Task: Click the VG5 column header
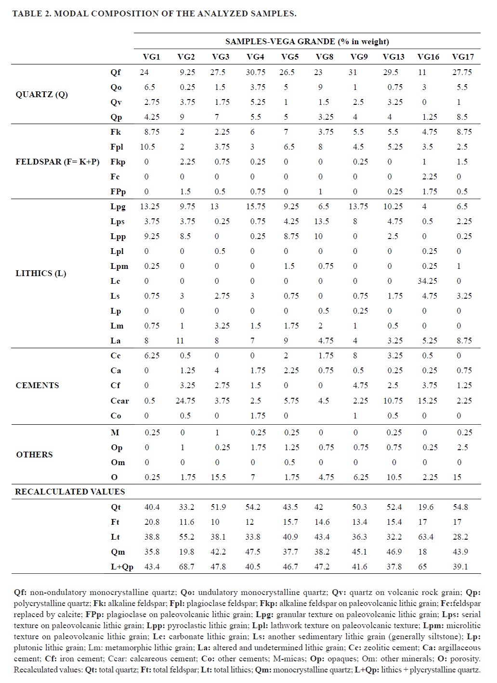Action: pos(290,57)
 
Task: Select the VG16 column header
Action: pos(428,57)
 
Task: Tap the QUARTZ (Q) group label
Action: pos(42,94)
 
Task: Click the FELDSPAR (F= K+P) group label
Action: pos(57,162)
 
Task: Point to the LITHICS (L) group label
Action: pos(41,273)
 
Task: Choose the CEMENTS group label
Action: pos(37,385)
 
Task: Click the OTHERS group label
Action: pos(34,455)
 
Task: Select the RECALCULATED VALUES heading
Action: pos(70,492)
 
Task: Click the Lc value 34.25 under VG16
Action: pos(427,281)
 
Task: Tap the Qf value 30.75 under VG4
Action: pos(255,72)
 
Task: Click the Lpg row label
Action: pos(118,206)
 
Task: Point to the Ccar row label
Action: pos(119,401)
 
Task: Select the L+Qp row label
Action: pos(122,567)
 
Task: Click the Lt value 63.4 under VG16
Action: pos(426,537)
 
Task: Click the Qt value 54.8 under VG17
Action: pos(460,507)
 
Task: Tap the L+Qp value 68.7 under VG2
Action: pos(186,567)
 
